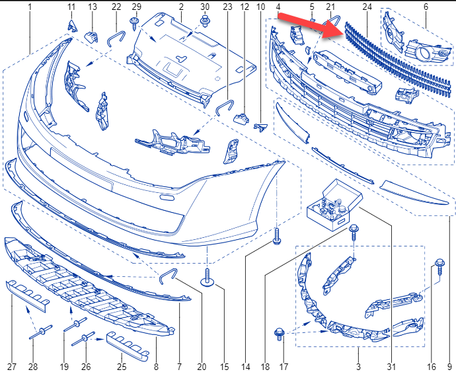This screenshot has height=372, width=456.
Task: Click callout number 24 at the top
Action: (367, 7)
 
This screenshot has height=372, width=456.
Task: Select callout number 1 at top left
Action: (30, 7)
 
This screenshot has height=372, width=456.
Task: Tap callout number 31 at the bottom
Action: (391, 367)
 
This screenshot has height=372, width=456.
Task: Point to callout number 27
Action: (12, 367)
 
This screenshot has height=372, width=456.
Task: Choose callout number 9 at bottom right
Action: (449, 367)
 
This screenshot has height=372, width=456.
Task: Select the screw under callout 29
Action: (134, 23)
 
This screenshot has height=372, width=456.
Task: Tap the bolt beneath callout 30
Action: (205, 22)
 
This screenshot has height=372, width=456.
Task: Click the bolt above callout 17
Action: (280, 334)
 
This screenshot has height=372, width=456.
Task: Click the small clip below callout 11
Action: (73, 26)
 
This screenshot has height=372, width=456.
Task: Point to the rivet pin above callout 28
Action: (41, 332)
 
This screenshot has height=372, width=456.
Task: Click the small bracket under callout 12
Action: (241, 119)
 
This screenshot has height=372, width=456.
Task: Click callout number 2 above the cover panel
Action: (181, 7)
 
